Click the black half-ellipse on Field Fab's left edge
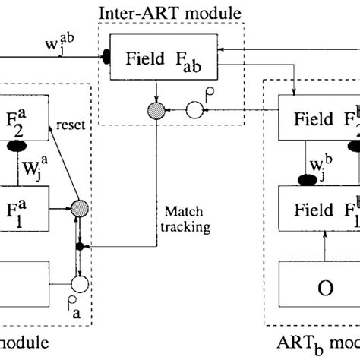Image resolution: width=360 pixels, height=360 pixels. (107, 56)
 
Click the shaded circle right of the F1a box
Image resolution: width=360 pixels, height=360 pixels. (79, 185)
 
